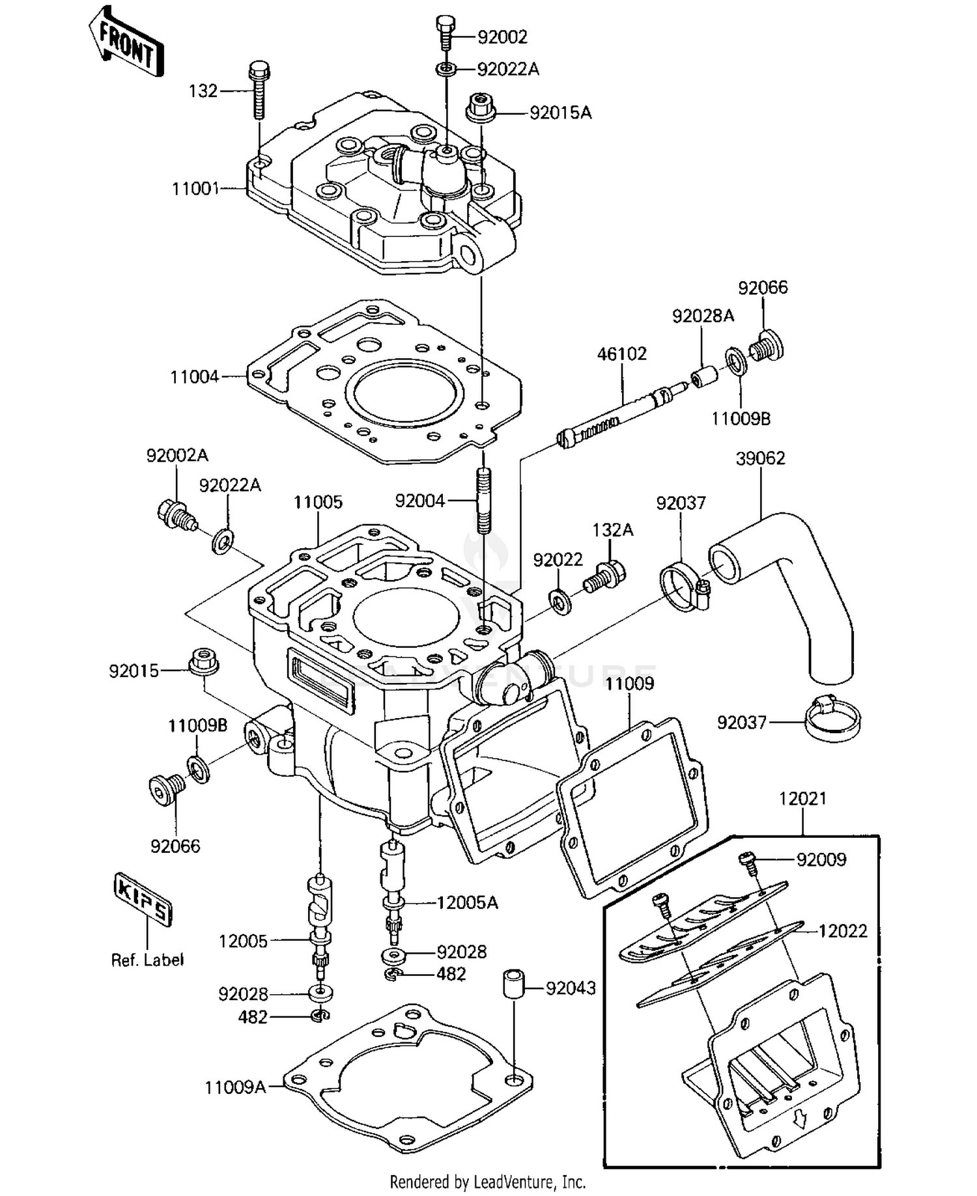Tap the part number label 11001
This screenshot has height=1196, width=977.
coord(195,189)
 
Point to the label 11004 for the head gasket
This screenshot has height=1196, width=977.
coord(194,377)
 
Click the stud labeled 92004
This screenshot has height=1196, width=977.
coord(483,499)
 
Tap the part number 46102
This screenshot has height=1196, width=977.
coord(621,354)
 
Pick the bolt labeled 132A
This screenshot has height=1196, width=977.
coord(605,576)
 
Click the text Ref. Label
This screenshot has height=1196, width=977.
coord(147,960)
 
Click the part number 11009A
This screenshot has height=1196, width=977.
coord(235,1087)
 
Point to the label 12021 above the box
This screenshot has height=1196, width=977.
coord(802,798)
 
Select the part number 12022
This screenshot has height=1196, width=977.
coord(842,932)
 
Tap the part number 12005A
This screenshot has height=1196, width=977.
coord(466,903)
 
